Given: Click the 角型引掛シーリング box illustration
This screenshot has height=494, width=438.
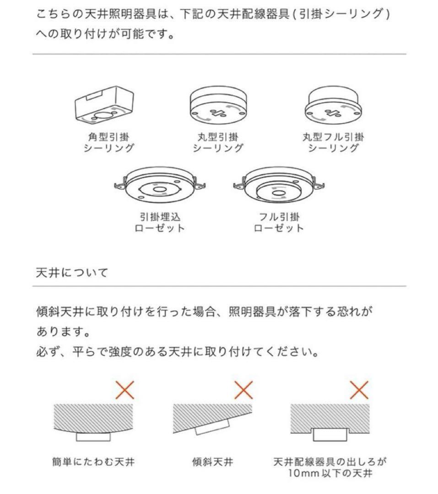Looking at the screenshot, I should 106,105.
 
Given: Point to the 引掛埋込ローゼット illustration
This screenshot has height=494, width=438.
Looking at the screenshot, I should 159,187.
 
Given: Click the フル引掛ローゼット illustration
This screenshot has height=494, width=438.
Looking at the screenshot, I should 278,186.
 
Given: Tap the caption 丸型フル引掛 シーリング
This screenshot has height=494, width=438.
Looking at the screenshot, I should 333,142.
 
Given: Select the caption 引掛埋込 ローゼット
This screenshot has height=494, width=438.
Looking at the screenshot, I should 160,222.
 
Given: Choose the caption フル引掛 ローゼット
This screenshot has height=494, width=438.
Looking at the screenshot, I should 278,222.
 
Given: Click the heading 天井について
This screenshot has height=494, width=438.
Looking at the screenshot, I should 72,273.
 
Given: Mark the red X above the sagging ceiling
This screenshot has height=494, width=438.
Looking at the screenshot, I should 124,390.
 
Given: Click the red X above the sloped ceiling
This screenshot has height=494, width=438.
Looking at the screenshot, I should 243,390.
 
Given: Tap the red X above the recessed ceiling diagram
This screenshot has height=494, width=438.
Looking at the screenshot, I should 359,390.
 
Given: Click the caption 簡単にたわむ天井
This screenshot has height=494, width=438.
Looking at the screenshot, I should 93,462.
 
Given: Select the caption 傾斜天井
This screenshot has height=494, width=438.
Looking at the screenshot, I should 212,462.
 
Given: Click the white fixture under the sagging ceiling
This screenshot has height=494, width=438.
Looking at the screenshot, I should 93,436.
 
